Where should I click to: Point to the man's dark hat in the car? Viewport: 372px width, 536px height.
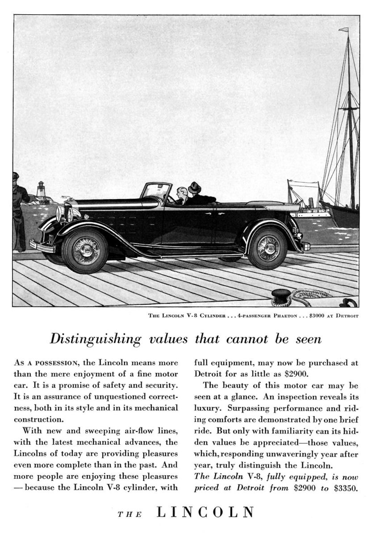pos(194,187)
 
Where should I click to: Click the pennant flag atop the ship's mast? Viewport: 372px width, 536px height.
pos(343,30)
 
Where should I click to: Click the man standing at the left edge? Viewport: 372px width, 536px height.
pos(19,210)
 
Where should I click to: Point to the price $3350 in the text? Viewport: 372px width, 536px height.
pos(346,487)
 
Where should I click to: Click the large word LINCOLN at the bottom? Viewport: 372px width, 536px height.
pos(206,512)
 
